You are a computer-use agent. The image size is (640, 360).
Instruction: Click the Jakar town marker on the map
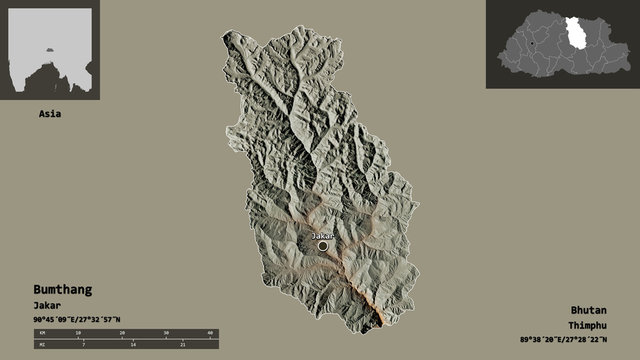pos(322,245)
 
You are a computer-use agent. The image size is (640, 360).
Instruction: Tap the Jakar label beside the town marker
pos(322,236)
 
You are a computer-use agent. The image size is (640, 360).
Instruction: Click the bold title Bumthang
pos(62,289)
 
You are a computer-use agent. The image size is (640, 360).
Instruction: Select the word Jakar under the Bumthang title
pos(47,304)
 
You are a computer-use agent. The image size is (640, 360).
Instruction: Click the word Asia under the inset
pos(50,113)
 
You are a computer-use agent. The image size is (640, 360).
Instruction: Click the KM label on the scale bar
pos(41,332)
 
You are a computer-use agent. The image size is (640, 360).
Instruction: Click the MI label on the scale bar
pos(41,343)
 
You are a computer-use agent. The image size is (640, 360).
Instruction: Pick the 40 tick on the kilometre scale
pos(210,332)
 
